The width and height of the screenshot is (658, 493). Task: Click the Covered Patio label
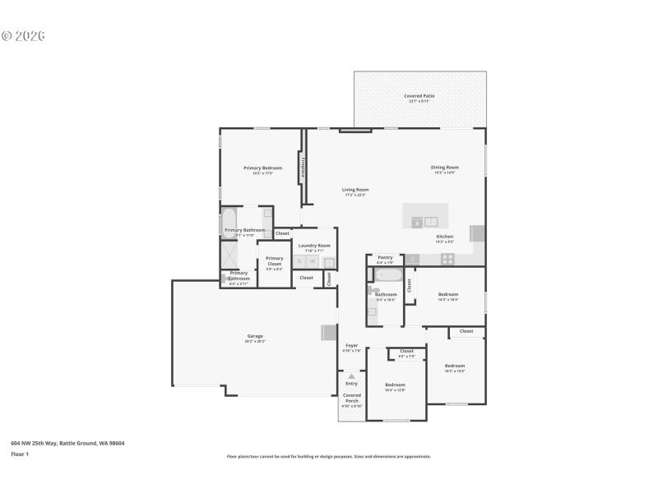(419, 96)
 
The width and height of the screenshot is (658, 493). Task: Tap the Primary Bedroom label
(262, 168)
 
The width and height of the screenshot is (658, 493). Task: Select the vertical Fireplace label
(304, 168)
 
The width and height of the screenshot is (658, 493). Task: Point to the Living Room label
(355, 190)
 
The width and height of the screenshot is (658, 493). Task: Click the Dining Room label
(444, 168)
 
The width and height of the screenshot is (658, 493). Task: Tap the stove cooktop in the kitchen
(447, 258)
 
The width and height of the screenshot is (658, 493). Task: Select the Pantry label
(385, 258)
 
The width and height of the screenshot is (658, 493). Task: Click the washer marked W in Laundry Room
(313, 261)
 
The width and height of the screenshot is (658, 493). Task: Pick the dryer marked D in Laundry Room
(299, 261)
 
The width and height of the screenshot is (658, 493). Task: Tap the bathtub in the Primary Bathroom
(229, 223)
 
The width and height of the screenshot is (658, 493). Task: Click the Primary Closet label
(274, 260)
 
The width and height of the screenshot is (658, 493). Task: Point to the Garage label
(256, 336)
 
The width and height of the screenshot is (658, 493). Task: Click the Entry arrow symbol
(351, 376)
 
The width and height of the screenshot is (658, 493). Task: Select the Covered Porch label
(351, 398)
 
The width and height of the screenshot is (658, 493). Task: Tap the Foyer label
(351, 346)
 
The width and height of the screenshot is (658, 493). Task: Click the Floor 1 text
(20, 454)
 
